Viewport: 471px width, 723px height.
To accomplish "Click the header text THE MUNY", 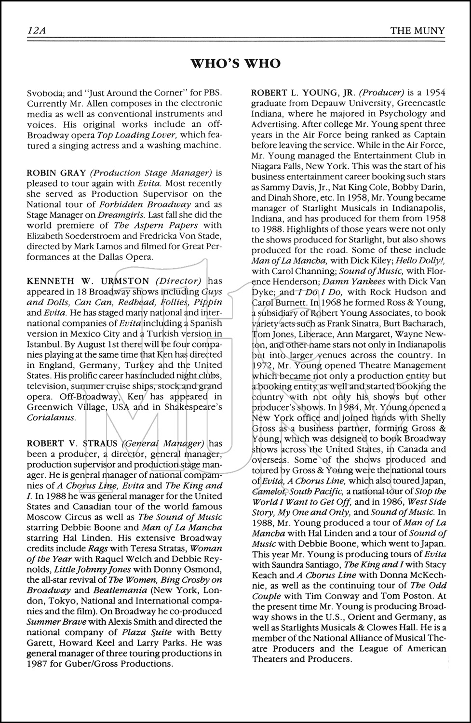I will (x=417, y=31).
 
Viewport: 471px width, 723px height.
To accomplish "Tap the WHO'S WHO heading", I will (x=235, y=64).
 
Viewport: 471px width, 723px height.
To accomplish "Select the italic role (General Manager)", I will (x=163, y=443).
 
